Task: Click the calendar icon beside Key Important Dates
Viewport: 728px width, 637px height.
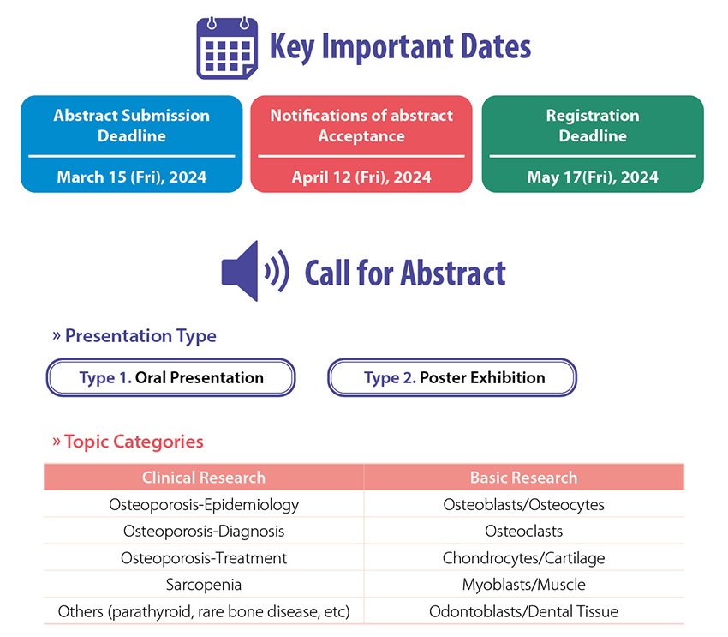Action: pyautogui.click(x=227, y=48)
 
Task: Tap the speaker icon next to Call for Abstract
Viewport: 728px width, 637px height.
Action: pyautogui.click(x=255, y=271)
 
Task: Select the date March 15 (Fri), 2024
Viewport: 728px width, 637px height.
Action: pyautogui.click(x=131, y=177)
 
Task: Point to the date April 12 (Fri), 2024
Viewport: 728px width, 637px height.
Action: pyautogui.click(x=361, y=177)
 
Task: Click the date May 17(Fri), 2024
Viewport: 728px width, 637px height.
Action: pyautogui.click(x=593, y=177)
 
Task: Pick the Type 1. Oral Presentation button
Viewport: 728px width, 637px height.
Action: pyautogui.click(x=170, y=377)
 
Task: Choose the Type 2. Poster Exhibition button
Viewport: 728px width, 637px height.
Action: pyautogui.click(x=452, y=377)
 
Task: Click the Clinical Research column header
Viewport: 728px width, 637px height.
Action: pyautogui.click(x=204, y=478)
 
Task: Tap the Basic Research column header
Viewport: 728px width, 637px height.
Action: pyautogui.click(x=523, y=478)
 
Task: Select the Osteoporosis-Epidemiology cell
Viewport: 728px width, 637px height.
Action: pyautogui.click(x=204, y=505)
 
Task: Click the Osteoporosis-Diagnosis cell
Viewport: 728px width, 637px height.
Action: pyautogui.click(x=204, y=531)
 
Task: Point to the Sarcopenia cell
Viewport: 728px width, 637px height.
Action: pyautogui.click(x=204, y=585)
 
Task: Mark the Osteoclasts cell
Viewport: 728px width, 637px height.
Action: pyautogui.click(x=523, y=531)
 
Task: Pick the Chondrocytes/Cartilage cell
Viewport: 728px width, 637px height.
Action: pyautogui.click(x=523, y=558)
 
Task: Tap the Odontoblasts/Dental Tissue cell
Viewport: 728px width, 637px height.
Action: pyautogui.click(x=523, y=611)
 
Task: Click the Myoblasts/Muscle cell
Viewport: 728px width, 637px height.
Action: pyautogui.click(x=523, y=585)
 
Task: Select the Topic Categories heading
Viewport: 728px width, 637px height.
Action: pyautogui.click(x=128, y=442)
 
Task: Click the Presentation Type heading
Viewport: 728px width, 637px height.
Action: pyautogui.click(x=134, y=335)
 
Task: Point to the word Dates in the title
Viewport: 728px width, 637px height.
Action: pyautogui.click(x=496, y=46)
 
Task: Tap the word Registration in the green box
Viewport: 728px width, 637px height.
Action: pyautogui.click(x=593, y=116)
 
